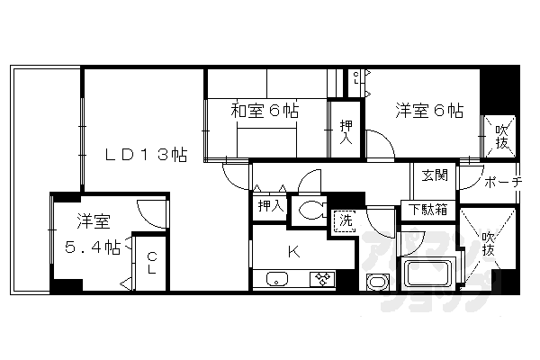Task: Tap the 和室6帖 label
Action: coord(264,112)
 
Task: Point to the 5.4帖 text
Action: coord(93,246)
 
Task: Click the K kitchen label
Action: coord(293,250)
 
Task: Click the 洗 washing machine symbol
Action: coord(346,219)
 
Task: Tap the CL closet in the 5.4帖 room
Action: coord(152,262)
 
